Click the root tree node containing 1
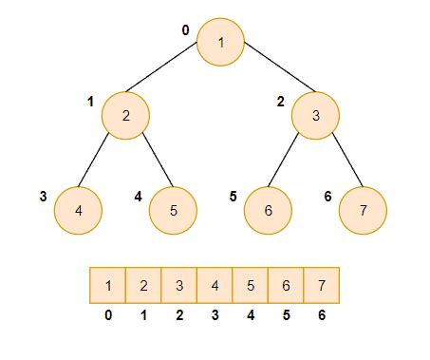click(x=220, y=42)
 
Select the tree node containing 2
click(x=125, y=116)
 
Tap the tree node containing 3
click(x=316, y=116)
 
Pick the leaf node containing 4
click(x=78, y=209)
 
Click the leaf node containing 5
click(x=173, y=209)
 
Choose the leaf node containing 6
click(x=268, y=209)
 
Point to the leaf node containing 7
click(x=364, y=209)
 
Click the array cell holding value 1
click(x=108, y=285)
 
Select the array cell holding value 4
click(x=215, y=285)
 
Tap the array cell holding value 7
click(x=321, y=285)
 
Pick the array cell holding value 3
click(x=179, y=285)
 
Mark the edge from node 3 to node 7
click(x=341, y=162)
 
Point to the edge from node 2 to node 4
click(x=102, y=162)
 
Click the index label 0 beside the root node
click(x=186, y=30)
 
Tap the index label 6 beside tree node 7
click(x=327, y=197)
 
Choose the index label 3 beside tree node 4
click(x=44, y=197)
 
